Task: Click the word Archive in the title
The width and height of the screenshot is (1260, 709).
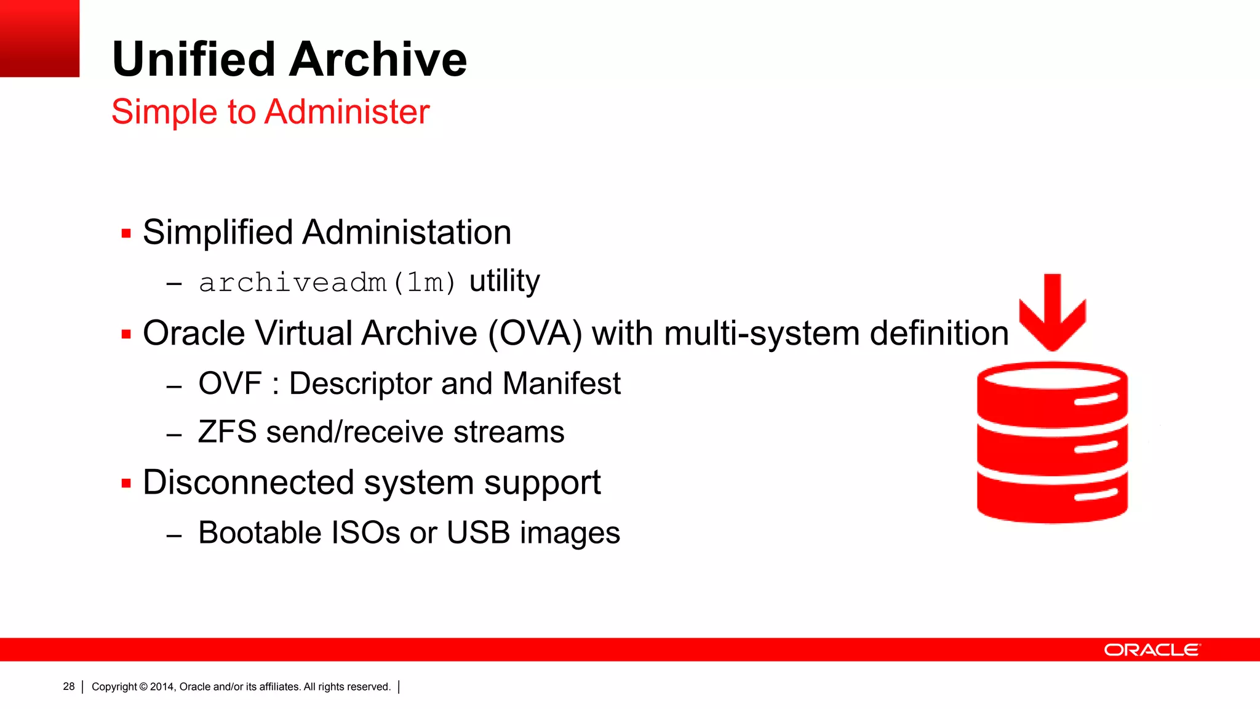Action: coord(378,60)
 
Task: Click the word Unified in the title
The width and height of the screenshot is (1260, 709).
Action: coord(193,60)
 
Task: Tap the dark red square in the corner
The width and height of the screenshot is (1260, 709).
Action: coord(39,38)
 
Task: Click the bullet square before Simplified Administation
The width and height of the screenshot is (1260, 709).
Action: coord(126,234)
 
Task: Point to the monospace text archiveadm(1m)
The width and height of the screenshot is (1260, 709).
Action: coord(327,283)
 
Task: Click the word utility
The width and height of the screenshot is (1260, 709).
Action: coord(504,281)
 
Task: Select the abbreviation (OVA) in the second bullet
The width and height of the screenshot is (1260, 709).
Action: coord(535,334)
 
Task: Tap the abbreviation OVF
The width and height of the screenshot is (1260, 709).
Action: coord(230,383)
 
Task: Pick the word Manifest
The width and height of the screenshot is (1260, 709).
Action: coord(561,383)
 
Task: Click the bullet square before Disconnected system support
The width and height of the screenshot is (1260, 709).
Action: coord(126,484)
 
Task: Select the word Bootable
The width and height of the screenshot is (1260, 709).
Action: coord(259,533)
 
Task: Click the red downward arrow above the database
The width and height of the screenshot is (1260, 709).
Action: coord(1052,314)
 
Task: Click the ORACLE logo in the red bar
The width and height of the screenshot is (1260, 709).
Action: coord(1152,650)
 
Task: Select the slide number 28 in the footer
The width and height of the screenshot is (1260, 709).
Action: coord(69,686)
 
